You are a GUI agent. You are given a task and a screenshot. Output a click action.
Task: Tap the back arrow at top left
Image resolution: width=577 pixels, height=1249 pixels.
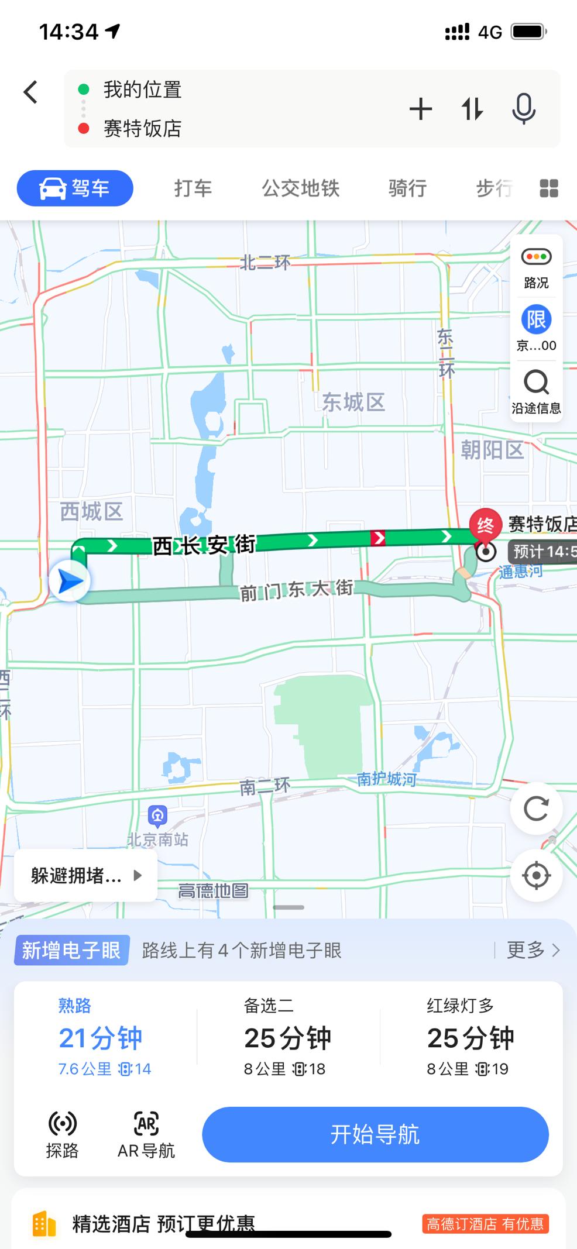30,92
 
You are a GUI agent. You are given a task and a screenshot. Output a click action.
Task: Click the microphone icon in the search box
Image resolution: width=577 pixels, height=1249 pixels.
523,109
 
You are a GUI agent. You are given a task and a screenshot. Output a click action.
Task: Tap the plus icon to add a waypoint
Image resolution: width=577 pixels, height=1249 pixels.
420,109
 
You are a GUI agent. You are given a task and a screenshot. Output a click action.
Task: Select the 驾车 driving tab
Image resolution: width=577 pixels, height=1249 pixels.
75,188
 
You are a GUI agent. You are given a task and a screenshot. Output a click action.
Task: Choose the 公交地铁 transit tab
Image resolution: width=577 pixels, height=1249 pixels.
300,188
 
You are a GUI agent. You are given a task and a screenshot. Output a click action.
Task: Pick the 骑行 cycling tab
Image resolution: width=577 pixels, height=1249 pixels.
407,188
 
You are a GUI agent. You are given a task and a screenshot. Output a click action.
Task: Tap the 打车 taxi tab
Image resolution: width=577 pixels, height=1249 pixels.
193,188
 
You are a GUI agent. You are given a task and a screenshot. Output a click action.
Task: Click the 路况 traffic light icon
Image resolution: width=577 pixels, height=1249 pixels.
536,257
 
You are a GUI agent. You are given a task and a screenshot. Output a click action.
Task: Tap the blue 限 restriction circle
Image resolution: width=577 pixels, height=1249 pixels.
536,319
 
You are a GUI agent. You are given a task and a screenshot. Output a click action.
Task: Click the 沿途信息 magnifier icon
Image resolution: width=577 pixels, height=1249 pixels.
536,383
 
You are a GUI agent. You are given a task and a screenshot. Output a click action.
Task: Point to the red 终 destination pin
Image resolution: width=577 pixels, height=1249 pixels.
485,525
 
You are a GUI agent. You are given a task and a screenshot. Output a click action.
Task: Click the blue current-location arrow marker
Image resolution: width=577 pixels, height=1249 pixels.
70,581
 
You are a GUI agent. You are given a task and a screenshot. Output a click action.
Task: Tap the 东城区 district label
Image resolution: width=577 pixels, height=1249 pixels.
353,402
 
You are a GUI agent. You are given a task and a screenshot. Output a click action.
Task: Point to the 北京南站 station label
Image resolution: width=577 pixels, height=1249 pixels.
158,839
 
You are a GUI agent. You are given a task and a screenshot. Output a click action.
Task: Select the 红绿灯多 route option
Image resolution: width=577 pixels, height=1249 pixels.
470,1037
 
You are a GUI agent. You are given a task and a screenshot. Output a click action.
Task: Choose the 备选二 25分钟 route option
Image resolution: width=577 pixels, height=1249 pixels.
287,1037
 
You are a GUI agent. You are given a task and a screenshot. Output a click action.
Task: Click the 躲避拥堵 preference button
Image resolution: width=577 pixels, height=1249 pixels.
85,876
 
